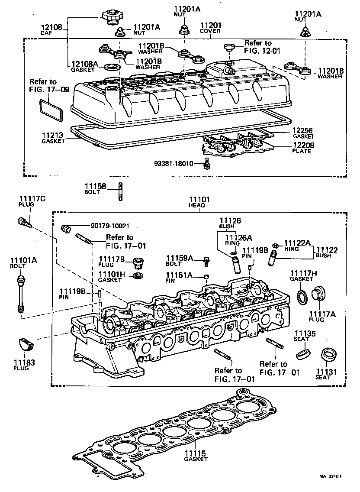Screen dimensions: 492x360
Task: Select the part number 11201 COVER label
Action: (210, 27)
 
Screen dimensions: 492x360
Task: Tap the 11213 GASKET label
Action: (53, 137)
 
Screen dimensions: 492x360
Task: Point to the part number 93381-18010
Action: (177, 164)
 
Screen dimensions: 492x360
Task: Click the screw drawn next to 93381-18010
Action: (207, 164)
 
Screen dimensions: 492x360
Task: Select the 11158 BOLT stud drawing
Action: (120, 192)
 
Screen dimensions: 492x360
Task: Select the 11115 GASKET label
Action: (196, 456)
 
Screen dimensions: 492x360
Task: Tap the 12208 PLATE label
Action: (301, 148)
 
